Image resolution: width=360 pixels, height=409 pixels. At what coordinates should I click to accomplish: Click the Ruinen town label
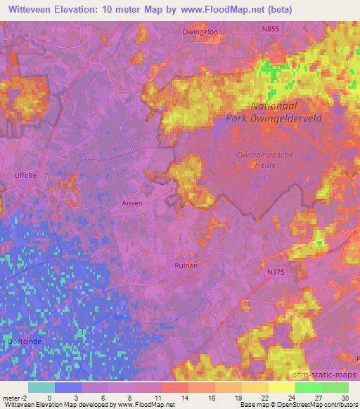point(186,266)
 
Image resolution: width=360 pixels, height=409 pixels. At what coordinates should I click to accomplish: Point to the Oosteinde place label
point(23,340)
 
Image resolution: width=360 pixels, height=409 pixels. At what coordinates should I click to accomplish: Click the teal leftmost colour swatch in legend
point(41,387)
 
